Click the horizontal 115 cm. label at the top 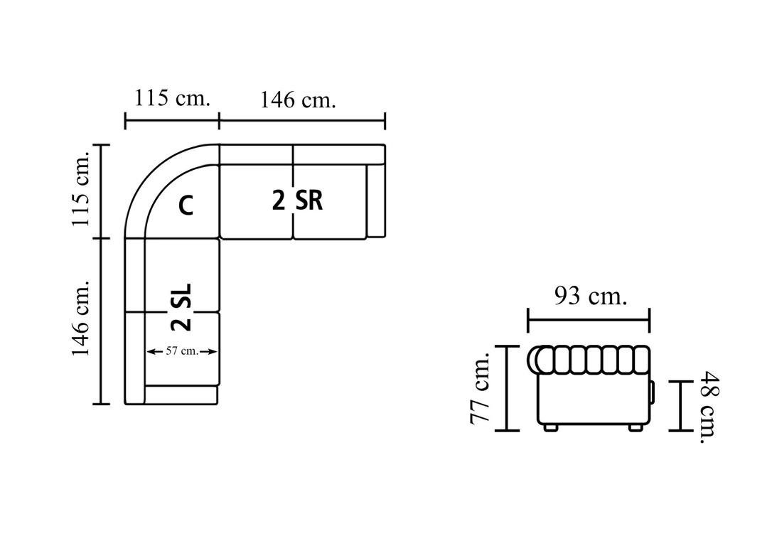(x=172, y=98)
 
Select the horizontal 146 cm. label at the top (x=298, y=100)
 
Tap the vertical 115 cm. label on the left (x=81, y=189)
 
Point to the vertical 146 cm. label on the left (x=81, y=318)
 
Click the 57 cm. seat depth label (x=182, y=351)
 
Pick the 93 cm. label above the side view (x=591, y=296)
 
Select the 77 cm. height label (x=481, y=388)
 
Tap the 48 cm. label (x=709, y=407)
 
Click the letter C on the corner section (x=186, y=205)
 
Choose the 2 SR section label (x=297, y=200)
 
